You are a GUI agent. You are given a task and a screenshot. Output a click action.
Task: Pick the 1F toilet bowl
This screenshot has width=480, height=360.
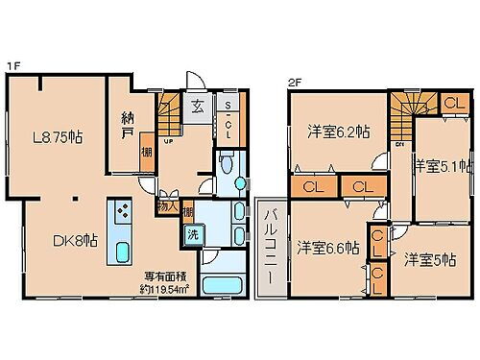[226, 165]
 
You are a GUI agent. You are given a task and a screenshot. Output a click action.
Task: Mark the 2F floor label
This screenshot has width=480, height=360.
[293, 81]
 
